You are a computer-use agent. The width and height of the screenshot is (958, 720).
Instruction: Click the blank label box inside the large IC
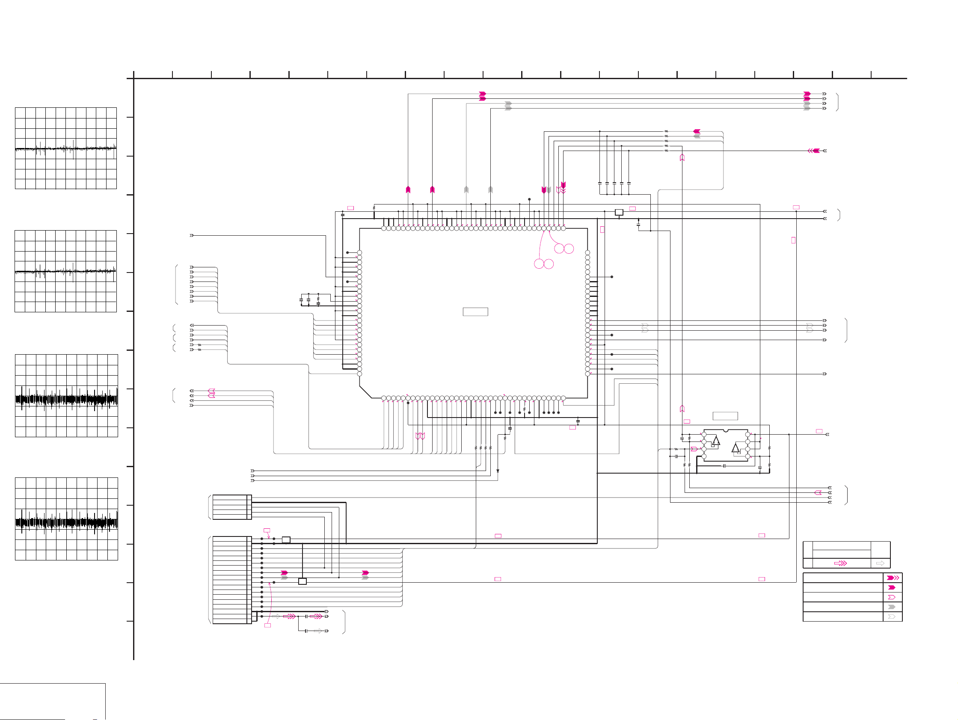click(475, 312)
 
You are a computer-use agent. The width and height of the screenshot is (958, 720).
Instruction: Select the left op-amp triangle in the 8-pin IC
click(716, 441)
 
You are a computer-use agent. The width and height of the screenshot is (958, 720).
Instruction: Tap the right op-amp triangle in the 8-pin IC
click(736, 448)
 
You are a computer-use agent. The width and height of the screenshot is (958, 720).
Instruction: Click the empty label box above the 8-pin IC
click(725, 416)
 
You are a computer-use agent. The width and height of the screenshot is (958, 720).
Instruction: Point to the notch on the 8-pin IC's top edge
click(726, 431)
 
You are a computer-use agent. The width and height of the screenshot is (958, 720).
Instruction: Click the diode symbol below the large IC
click(498, 471)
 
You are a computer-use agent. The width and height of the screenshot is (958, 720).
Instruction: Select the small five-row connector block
click(232, 507)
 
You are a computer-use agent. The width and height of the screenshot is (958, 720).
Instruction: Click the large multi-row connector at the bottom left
click(232, 580)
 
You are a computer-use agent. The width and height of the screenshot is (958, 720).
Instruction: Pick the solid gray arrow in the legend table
click(892, 607)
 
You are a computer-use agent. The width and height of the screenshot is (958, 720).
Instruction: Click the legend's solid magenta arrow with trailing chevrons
click(893, 578)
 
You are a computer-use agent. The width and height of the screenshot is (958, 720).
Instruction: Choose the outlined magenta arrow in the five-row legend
click(892, 598)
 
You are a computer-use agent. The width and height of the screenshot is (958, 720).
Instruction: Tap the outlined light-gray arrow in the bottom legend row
click(892, 616)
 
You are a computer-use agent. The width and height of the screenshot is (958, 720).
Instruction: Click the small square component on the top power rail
click(619, 212)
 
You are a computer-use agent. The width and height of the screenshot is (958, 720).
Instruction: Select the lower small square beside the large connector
click(303, 581)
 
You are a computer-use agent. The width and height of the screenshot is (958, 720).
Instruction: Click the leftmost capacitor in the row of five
click(600, 183)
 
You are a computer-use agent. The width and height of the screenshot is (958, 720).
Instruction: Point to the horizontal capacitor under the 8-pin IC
click(724, 466)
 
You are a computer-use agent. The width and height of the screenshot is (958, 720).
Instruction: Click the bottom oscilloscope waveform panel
click(66, 519)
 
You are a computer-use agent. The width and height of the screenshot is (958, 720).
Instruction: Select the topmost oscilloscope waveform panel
click(66, 148)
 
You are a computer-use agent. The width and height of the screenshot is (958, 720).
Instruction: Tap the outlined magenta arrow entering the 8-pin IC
click(694, 449)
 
